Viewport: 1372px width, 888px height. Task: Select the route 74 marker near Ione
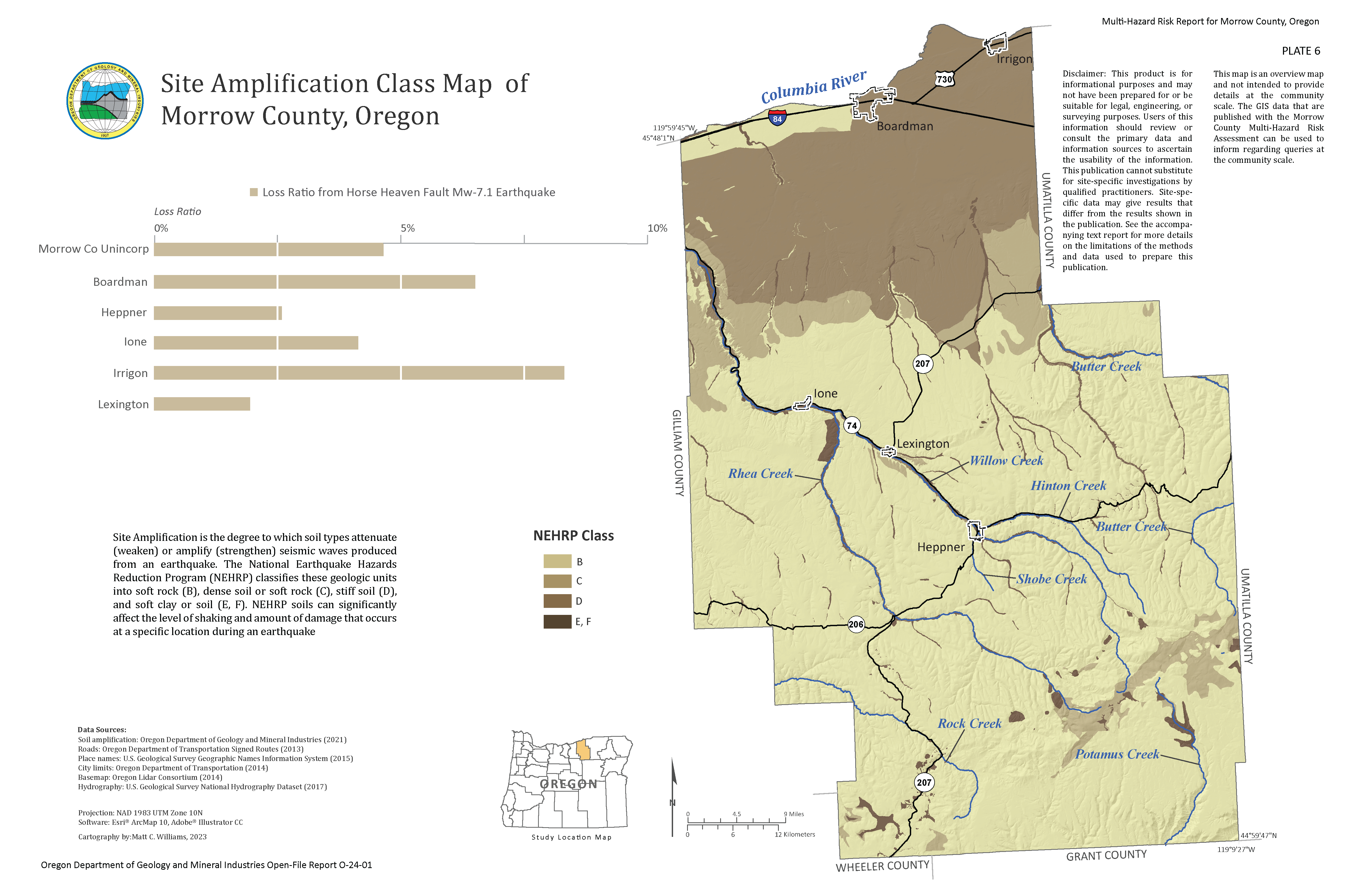[x=851, y=425]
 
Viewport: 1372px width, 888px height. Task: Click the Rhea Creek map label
[x=760, y=473]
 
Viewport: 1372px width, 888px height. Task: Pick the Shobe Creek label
[x=1052, y=579]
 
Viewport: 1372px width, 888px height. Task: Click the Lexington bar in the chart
[x=202, y=404]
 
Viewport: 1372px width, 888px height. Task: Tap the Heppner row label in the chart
[x=124, y=312]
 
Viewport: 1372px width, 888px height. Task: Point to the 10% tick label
[x=657, y=228]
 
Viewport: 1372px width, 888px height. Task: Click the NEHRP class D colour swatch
[x=557, y=601]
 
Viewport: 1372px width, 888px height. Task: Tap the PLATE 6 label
[x=1300, y=51]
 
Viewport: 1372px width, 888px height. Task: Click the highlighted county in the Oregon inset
[x=584, y=750]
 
